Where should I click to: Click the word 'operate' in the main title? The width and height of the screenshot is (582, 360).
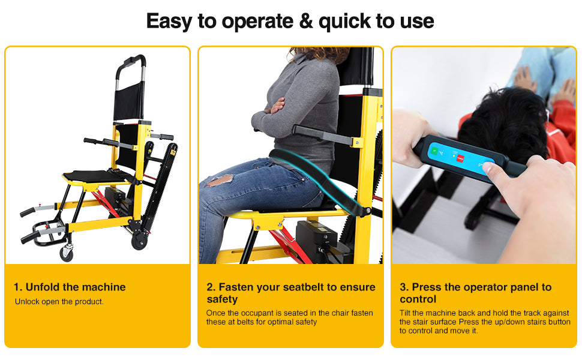point(257,22)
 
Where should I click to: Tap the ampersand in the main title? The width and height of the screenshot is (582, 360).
point(306,21)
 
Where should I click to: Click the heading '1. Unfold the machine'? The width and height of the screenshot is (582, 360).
point(70,287)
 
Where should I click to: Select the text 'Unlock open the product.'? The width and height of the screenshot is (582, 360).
point(59,301)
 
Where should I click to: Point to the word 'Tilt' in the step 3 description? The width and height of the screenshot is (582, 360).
point(404,313)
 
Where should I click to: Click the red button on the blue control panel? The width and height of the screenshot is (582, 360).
point(460,158)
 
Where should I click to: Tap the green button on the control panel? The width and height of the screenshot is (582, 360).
point(434,151)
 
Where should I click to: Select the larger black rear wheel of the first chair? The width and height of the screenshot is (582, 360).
point(139,240)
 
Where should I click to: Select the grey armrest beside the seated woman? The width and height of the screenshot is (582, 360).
point(322,135)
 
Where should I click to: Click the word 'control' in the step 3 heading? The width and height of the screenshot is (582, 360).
point(418,299)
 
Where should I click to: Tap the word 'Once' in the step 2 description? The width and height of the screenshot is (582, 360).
point(215,313)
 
